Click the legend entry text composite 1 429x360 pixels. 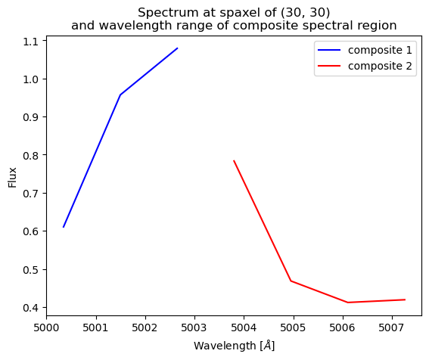[381, 51]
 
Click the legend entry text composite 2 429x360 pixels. [381, 66]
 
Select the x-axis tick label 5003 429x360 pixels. [194, 329]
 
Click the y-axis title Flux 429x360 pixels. [12, 176]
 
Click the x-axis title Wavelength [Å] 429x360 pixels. [234, 346]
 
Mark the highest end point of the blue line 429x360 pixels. [177, 48]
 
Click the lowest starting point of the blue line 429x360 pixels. [64, 227]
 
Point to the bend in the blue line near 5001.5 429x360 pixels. [120, 95]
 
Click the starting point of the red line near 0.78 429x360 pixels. [234, 160]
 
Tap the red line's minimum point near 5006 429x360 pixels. [348, 303]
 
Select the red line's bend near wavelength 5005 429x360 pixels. [291, 281]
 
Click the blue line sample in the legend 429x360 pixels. [331, 51]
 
